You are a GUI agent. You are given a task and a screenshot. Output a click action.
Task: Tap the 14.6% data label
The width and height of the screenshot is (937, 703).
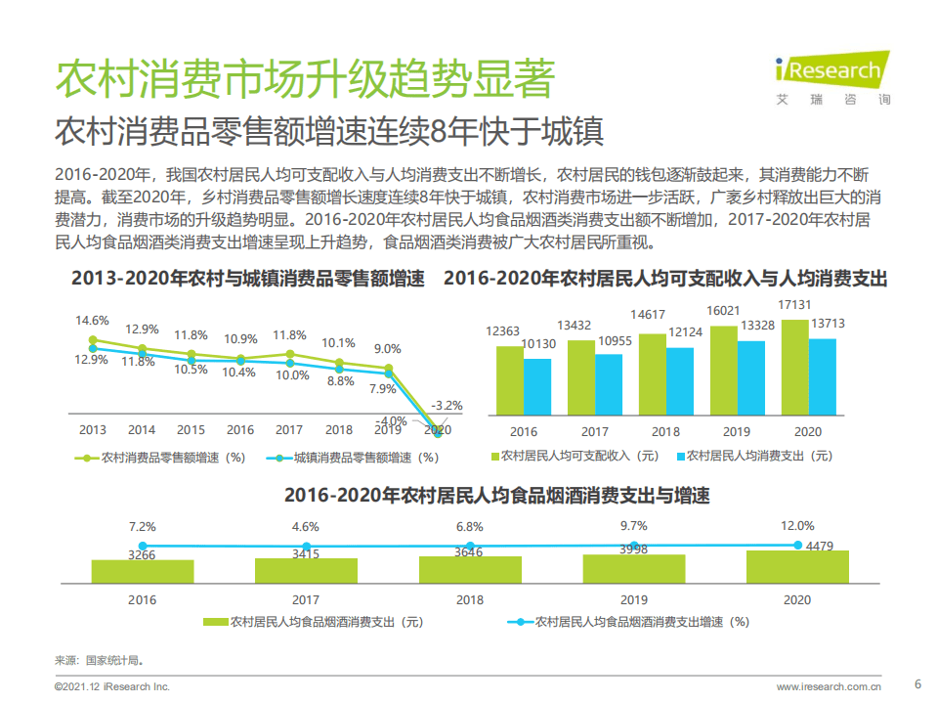point(93,321)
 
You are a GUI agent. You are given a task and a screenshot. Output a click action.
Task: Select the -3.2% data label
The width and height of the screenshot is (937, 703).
point(448,405)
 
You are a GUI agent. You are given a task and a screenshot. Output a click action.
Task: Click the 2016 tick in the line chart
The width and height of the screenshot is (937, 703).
point(240,430)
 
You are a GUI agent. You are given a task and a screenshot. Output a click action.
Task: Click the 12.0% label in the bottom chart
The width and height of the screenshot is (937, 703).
point(797,526)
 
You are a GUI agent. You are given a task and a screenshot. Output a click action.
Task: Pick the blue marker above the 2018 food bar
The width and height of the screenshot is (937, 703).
point(470,546)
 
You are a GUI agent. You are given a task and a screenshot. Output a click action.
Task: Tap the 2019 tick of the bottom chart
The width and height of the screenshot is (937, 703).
point(634,598)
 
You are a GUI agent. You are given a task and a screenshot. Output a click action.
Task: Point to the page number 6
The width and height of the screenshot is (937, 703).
point(916,683)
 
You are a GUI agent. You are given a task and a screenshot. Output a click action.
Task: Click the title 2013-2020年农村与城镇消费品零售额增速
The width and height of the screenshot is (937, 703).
point(248,279)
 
